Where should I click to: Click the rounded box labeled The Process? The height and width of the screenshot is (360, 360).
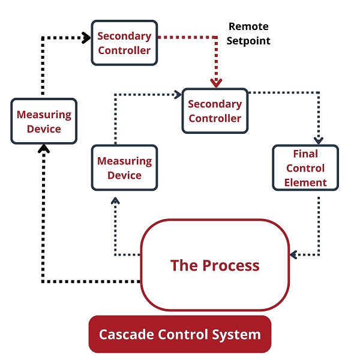(214, 265)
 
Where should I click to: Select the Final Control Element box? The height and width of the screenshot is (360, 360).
(305, 168)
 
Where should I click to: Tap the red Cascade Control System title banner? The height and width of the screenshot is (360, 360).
(179, 334)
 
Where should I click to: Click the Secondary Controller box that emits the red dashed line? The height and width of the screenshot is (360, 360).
(124, 43)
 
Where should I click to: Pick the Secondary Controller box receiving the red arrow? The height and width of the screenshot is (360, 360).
(215, 111)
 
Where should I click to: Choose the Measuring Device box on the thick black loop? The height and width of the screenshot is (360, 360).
(44, 121)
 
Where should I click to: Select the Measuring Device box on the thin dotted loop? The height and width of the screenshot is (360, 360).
(124, 168)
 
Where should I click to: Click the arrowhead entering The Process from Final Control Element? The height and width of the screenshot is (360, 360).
(293, 254)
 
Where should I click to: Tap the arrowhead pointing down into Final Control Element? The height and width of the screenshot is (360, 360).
(319, 140)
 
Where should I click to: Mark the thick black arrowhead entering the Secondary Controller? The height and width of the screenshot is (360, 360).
(86, 37)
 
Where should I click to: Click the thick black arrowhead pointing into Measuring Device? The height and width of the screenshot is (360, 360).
(43, 148)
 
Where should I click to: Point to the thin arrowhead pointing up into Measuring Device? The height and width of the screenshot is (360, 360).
(115, 200)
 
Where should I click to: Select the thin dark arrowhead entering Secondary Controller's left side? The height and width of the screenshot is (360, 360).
(178, 94)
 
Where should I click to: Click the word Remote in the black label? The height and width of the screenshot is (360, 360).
(248, 27)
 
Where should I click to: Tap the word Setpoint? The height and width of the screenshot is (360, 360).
(248, 41)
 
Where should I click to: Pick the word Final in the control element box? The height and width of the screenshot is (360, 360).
(305, 154)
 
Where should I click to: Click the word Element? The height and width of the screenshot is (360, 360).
(305, 182)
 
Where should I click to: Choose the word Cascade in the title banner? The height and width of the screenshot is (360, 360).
(125, 334)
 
